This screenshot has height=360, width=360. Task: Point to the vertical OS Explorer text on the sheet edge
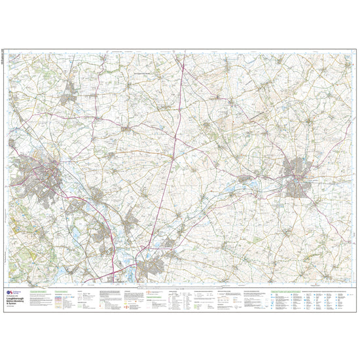(x=6, y=59)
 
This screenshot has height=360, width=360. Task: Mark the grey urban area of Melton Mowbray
(x=298, y=177)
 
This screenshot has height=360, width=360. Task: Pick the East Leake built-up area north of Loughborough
(x=67, y=98)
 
